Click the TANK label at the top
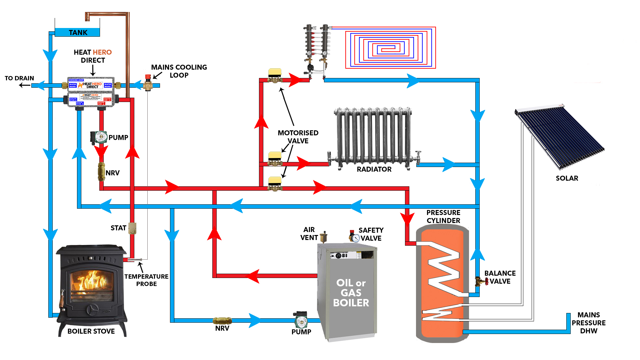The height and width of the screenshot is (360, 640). pyautogui.click(x=78, y=33)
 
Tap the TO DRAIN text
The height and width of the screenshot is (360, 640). pyautogui.click(x=19, y=78)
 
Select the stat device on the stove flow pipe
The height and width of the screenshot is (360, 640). pyautogui.click(x=132, y=228)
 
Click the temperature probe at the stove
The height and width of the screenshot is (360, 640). pyautogui.click(x=135, y=260)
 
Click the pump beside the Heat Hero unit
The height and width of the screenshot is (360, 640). pyautogui.click(x=99, y=137)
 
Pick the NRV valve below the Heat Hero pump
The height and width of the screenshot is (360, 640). pyautogui.click(x=101, y=172)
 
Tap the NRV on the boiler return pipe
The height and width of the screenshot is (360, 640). pyautogui.click(x=222, y=321)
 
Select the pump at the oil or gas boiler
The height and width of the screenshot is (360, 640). pyautogui.click(x=301, y=320)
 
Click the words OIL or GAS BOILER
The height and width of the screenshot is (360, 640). pyautogui.click(x=351, y=293)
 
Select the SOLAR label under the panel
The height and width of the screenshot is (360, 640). pyautogui.click(x=567, y=178)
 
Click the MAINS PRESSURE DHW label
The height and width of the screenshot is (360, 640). pyautogui.click(x=589, y=323)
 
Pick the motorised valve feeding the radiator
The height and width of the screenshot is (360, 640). pyautogui.click(x=275, y=159)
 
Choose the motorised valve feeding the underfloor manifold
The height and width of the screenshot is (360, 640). pyautogui.click(x=275, y=76)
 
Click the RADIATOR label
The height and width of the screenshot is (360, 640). pyautogui.click(x=374, y=169)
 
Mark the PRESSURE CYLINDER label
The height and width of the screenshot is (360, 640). pyautogui.click(x=443, y=217)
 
